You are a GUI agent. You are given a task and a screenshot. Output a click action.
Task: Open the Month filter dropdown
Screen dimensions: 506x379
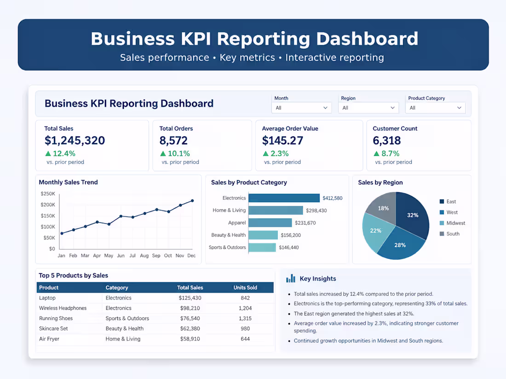click(301, 107)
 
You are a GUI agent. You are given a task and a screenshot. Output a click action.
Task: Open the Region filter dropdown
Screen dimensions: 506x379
click(368, 107)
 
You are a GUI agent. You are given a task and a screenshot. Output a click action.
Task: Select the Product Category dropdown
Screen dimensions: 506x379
click(435, 107)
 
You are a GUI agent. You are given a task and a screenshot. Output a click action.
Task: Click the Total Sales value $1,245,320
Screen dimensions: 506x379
click(75, 141)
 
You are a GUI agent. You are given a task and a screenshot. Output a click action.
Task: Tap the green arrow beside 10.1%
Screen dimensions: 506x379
click(163, 153)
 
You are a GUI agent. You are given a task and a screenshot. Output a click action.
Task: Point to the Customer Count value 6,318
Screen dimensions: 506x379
click(386, 141)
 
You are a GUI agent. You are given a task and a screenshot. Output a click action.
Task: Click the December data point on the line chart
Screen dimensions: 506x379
click(193, 201)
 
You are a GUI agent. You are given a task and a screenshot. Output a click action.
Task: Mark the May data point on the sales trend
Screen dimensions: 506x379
click(109, 224)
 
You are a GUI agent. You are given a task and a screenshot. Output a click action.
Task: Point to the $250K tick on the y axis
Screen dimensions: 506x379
click(48, 194)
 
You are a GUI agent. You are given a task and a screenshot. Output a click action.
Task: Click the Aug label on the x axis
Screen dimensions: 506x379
click(144, 255)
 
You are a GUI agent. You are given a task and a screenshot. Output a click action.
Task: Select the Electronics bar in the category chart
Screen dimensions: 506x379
click(284, 198)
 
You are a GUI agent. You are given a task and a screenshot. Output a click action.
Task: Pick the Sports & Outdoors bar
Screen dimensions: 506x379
click(262, 248)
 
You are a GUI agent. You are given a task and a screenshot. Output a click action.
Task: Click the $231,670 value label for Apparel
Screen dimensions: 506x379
click(305, 223)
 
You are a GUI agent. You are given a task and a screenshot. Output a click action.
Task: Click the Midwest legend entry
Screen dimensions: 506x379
click(452, 223)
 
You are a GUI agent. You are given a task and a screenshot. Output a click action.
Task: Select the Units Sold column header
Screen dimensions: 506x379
click(245, 288)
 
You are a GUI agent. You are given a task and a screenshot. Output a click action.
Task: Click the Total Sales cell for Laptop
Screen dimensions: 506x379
click(190, 298)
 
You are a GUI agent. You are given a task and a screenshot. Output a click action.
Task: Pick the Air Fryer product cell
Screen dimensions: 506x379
click(49, 339)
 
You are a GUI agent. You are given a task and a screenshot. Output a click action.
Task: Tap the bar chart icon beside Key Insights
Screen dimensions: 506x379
click(291, 278)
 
